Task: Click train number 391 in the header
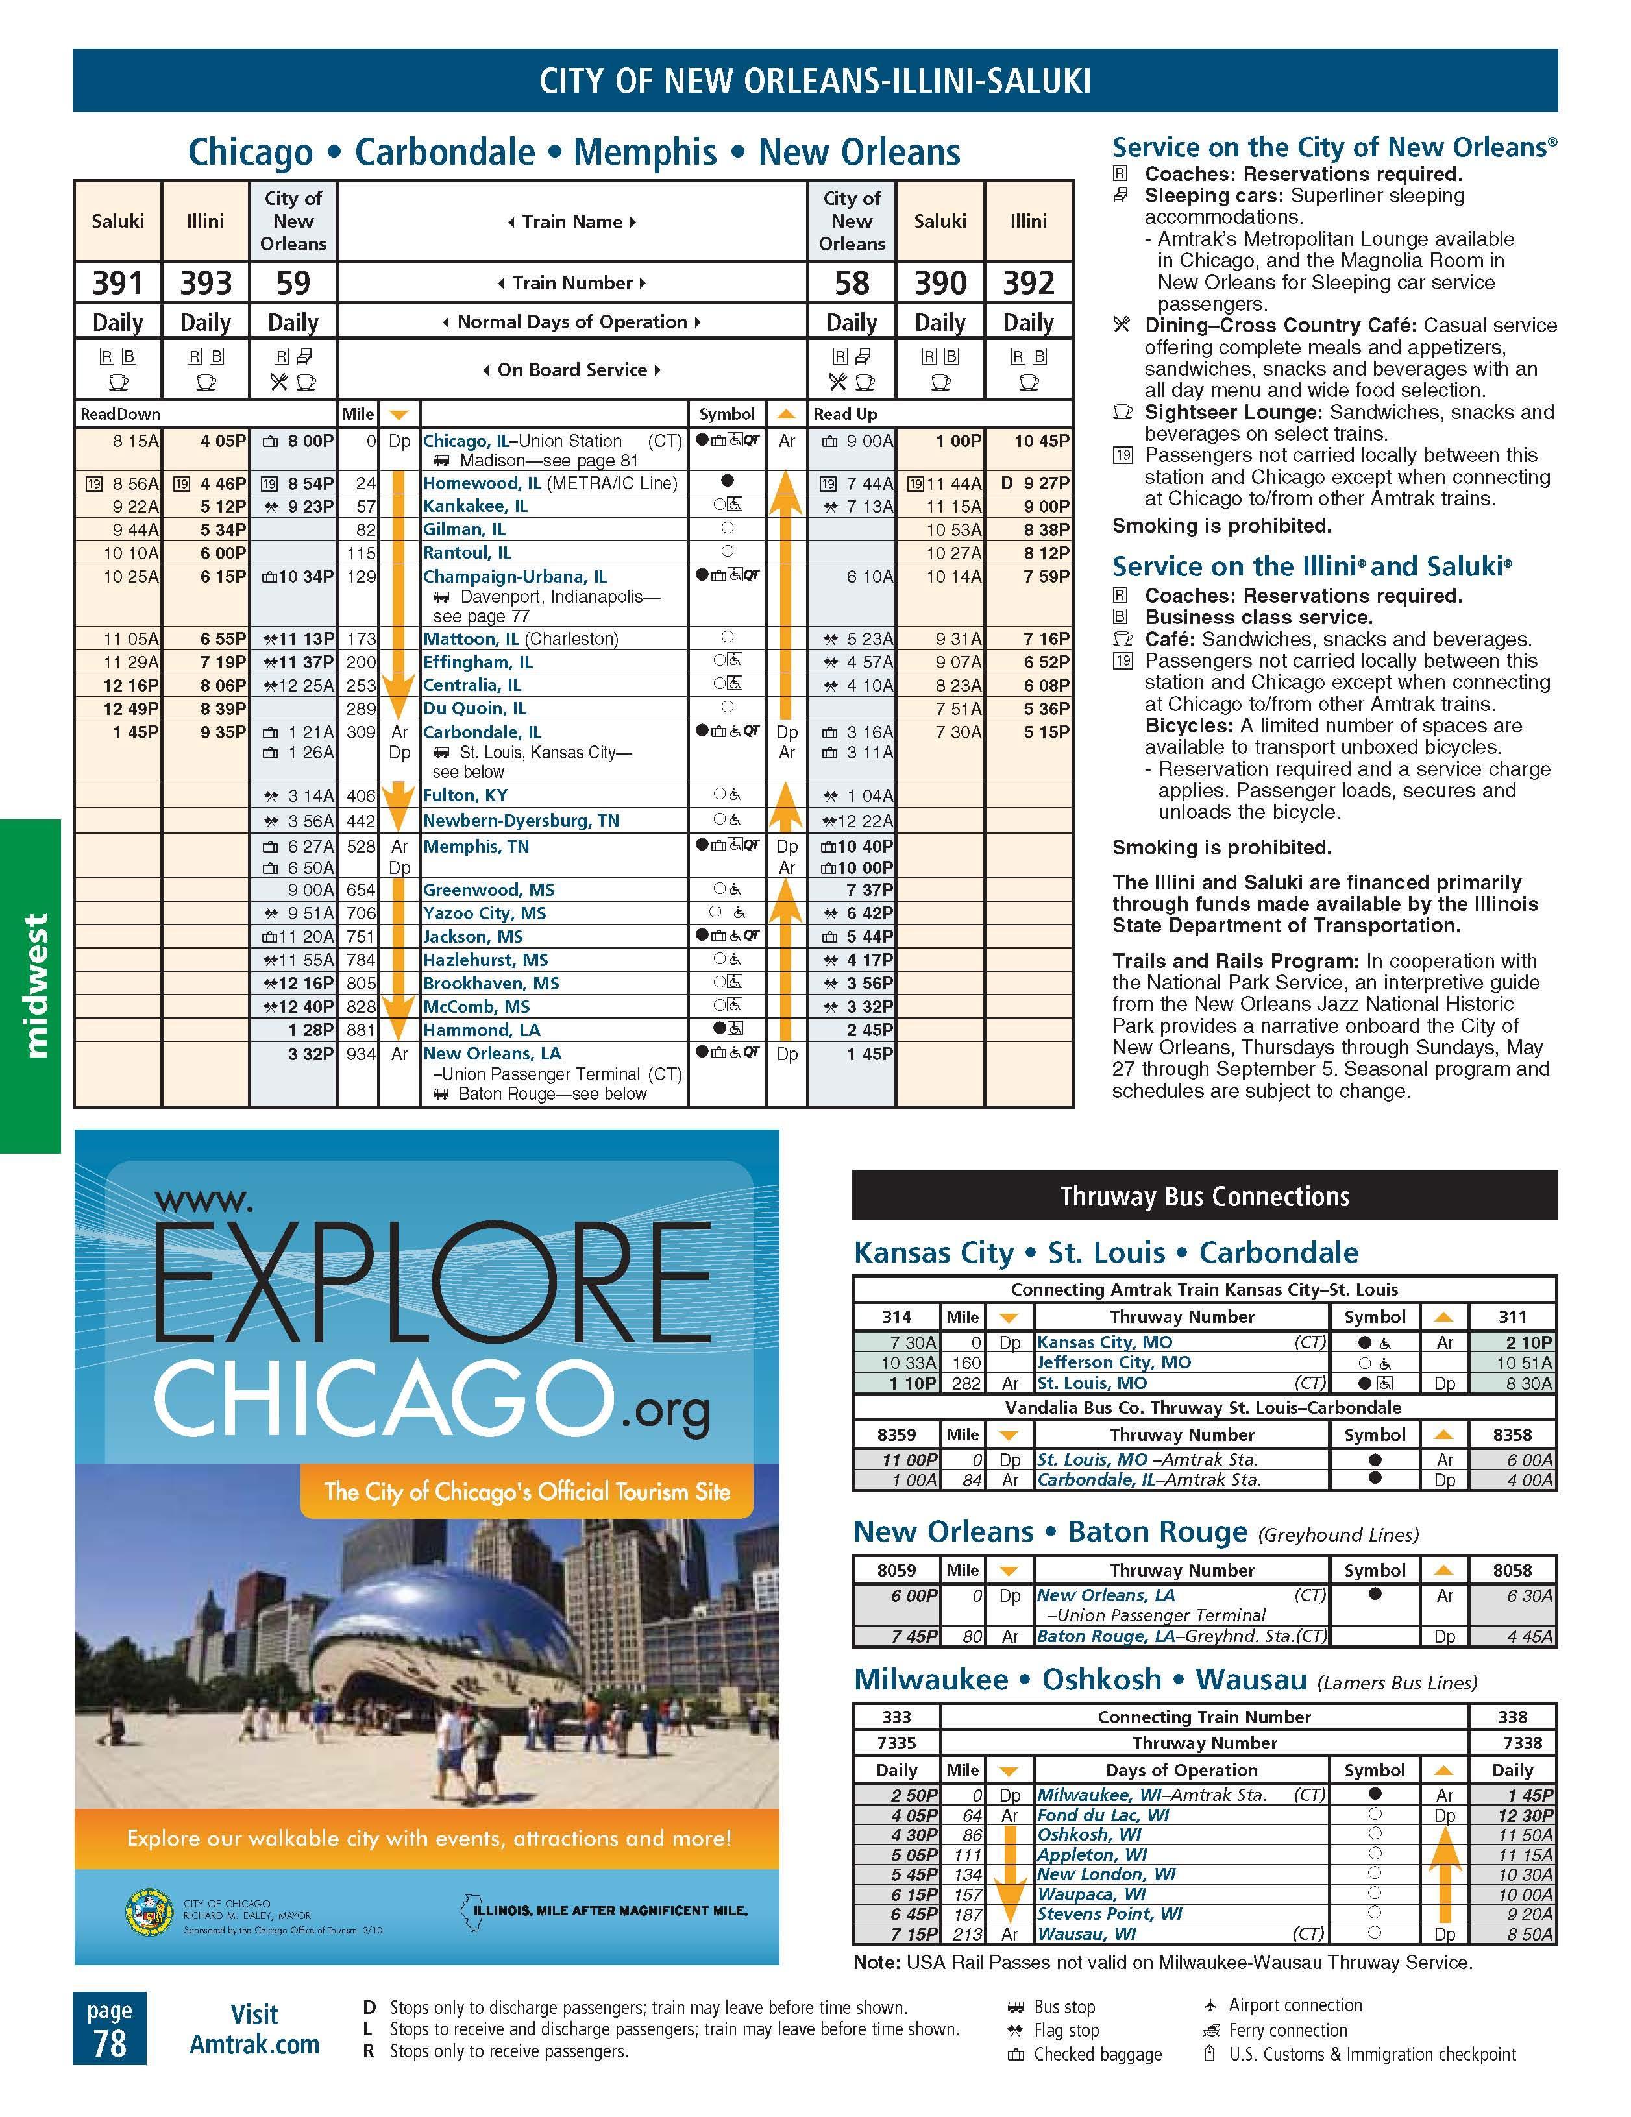(117, 283)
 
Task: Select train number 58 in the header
(852, 283)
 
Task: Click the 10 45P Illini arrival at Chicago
(1042, 441)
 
